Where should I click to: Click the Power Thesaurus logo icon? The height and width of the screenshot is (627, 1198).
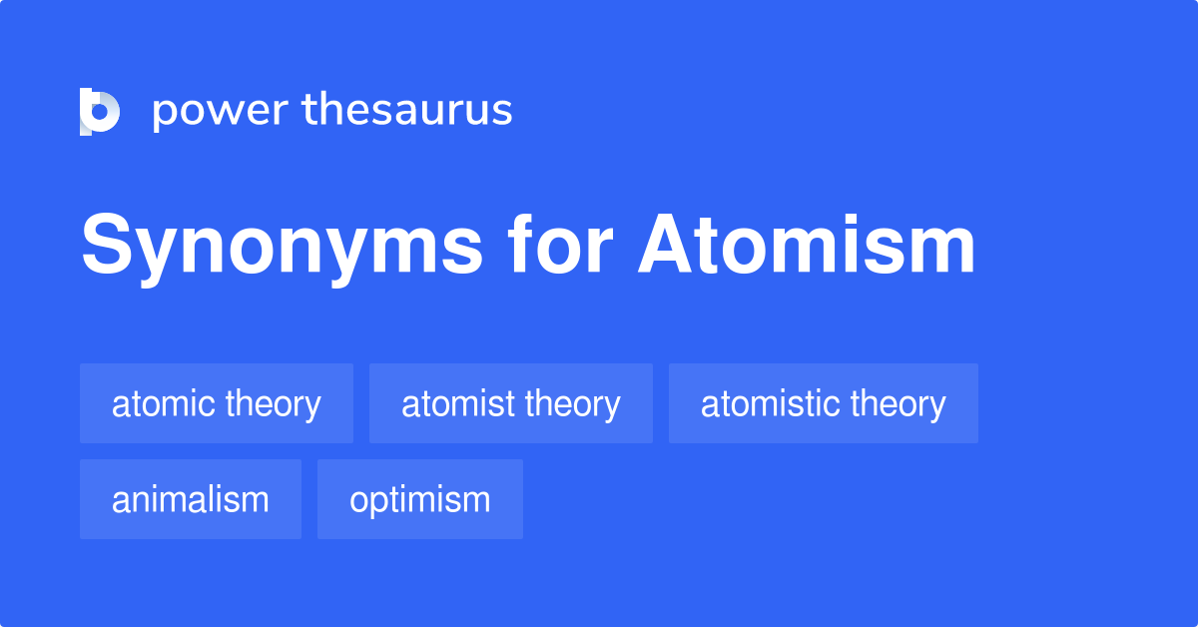100,111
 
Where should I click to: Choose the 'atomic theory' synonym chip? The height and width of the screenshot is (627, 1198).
217,403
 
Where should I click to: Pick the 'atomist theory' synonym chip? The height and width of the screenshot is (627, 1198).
511,403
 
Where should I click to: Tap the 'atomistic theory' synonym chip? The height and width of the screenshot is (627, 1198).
824,403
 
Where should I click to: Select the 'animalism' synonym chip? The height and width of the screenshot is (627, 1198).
191,499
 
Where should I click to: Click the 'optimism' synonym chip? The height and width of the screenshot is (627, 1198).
420,499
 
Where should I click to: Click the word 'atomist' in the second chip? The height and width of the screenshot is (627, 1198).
454,403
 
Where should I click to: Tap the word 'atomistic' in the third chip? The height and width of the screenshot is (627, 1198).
771,403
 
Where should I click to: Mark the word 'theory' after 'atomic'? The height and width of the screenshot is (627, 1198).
273,403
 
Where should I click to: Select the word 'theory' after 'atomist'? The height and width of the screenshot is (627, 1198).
572,403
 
